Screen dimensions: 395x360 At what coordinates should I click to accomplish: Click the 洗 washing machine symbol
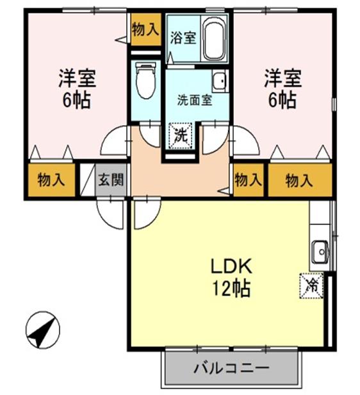pyautogui.click(x=180, y=136)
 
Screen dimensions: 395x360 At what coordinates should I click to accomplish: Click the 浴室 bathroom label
pyautogui.click(x=183, y=38)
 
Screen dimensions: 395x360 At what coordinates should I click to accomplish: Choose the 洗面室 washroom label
pyautogui.click(x=195, y=100)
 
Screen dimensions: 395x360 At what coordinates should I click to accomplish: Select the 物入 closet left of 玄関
pyautogui.click(x=51, y=180)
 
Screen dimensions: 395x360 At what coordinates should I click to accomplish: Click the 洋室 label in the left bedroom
pyautogui.click(x=78, y=79)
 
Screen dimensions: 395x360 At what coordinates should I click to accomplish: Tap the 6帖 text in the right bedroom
pyautogui.click(x=281, y=101)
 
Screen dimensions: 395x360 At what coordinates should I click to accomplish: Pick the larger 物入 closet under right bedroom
pyautogui.click(x=299, y=181)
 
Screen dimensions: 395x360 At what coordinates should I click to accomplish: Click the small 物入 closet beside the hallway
pyautogui.click(x=249, y=180)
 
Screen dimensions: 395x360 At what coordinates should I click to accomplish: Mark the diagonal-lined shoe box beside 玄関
pyautogui.click(x=86, y=181)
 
